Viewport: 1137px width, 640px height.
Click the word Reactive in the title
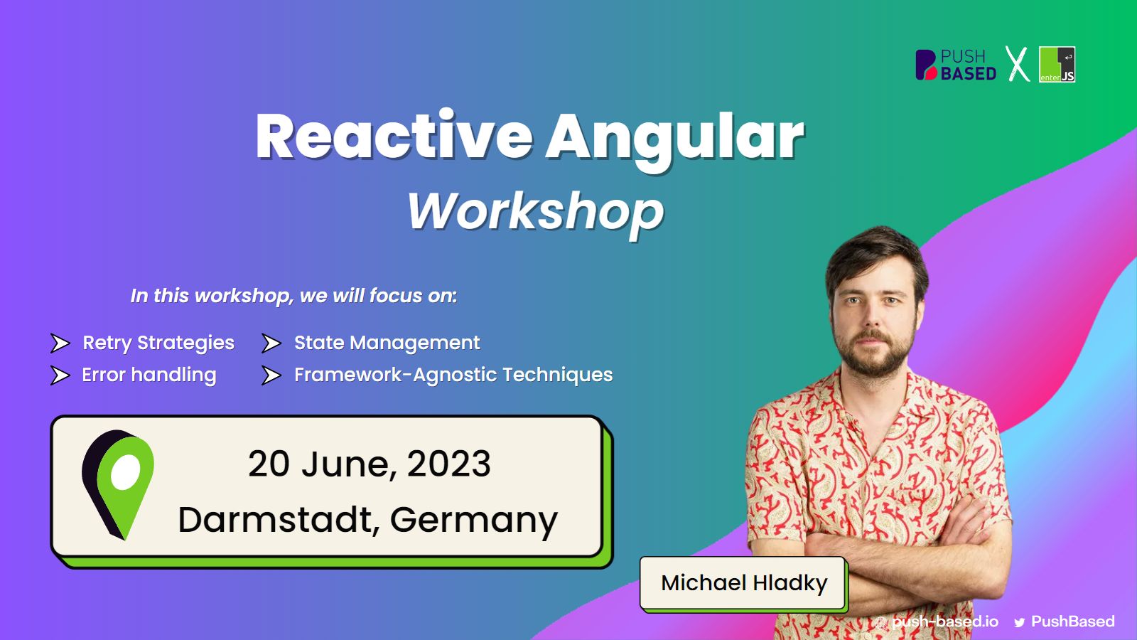pos(394,136)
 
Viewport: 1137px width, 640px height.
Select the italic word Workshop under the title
pos(536,213)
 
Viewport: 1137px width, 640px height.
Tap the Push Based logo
pos(955,65)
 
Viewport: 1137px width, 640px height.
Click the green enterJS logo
pos(1057,65)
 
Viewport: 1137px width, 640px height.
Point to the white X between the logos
pos(1017,64)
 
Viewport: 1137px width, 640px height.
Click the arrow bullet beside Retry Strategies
pos(60,343)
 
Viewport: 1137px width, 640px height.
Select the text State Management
pos(387,343)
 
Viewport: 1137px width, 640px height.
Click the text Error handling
pos(149,375)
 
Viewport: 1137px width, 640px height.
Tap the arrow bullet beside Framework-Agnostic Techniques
pos(271,375)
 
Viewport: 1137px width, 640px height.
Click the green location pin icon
pos(118,484)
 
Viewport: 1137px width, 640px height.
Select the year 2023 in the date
pos(448,463)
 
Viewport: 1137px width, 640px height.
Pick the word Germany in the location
pos(473,521)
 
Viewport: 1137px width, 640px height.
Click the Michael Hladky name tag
pos(743,583)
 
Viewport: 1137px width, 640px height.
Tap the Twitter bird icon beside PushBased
pos(1019,623)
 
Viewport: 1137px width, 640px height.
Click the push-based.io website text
pos(944,622)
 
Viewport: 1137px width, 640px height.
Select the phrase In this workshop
pos(212,296)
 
